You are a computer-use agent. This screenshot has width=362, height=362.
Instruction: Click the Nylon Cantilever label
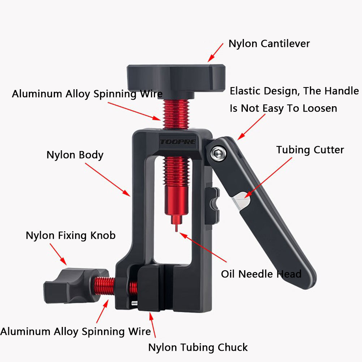pos(269,44)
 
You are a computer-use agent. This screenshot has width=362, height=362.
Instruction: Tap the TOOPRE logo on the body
pos(178,142)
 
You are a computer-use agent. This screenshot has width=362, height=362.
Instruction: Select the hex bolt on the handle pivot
pos(218,153)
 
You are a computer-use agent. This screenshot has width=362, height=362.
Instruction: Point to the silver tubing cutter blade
pos(241,201)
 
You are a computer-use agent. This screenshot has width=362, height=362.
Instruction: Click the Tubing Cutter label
pos(310,150)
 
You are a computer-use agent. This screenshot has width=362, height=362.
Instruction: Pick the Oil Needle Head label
pos(261,274)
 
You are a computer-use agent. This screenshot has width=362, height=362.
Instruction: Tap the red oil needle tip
pos(176,228)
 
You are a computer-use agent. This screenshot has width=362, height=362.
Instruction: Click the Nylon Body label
pos(75,155)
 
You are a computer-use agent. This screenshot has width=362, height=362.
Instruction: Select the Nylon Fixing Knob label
pos(70,236)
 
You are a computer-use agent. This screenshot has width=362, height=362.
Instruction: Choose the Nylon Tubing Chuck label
pos(198,348)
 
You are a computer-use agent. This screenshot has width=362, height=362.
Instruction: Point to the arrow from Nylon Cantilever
pos(215,53)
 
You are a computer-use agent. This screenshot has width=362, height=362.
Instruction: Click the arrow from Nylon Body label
pos(108,180)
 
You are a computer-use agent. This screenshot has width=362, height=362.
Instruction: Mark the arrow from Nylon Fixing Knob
pos(58,254)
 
